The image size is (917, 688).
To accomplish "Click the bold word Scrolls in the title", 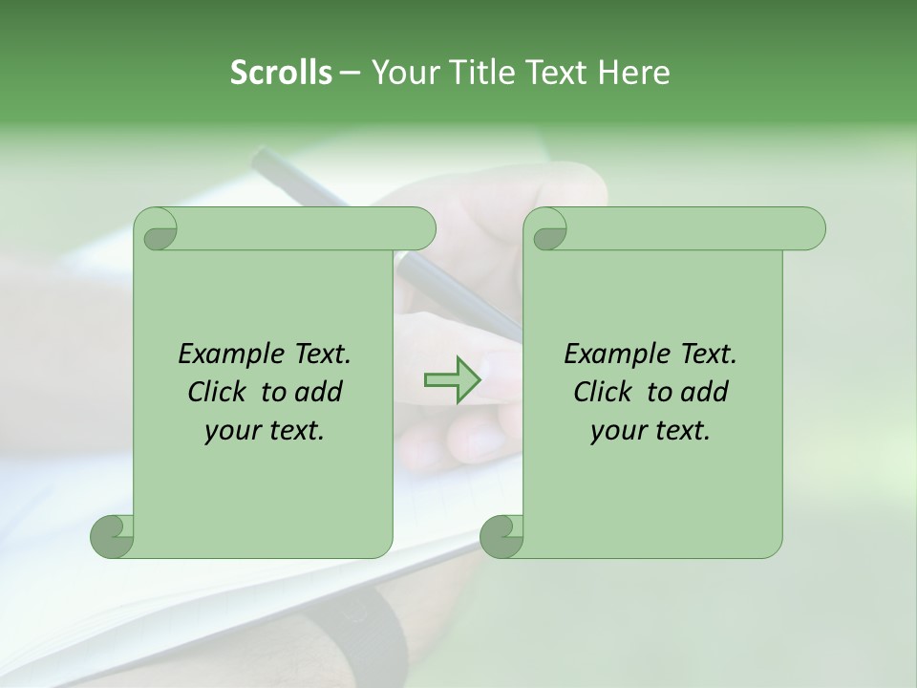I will click(x=281, y=73).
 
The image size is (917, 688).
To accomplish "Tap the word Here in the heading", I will click(x=633, y=73).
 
